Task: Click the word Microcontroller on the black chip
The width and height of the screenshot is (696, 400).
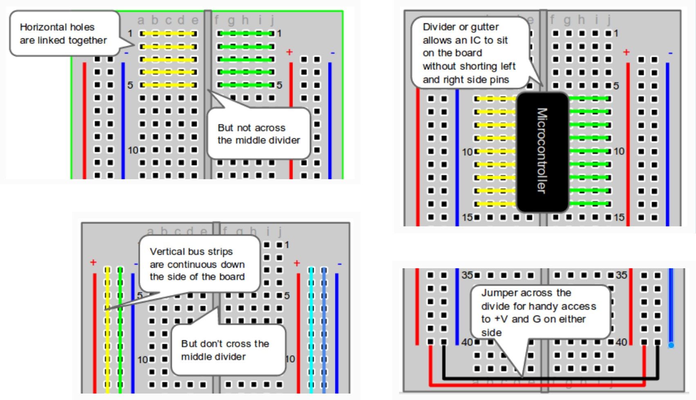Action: coord(542,151)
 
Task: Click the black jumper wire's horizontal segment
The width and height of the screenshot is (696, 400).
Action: coord(548,378)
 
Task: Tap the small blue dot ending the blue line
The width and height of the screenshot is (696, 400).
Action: coord(671,346)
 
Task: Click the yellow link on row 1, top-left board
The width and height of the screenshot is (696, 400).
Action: coord(168,34)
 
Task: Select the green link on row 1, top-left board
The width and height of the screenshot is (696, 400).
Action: coord(246,34)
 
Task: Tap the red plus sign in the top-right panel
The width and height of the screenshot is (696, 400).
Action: coord(626,52)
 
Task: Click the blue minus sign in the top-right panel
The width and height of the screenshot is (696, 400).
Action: coord(670,53)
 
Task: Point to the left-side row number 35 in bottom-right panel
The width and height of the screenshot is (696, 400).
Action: coord(467,275)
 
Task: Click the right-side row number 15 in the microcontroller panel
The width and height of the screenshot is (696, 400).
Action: coord(619,217)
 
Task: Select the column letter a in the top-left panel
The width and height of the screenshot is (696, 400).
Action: coord(141,20)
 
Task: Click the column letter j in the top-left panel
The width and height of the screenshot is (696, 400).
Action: coord(272,20)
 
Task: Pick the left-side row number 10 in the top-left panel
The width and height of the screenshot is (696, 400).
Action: coord(133,150)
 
